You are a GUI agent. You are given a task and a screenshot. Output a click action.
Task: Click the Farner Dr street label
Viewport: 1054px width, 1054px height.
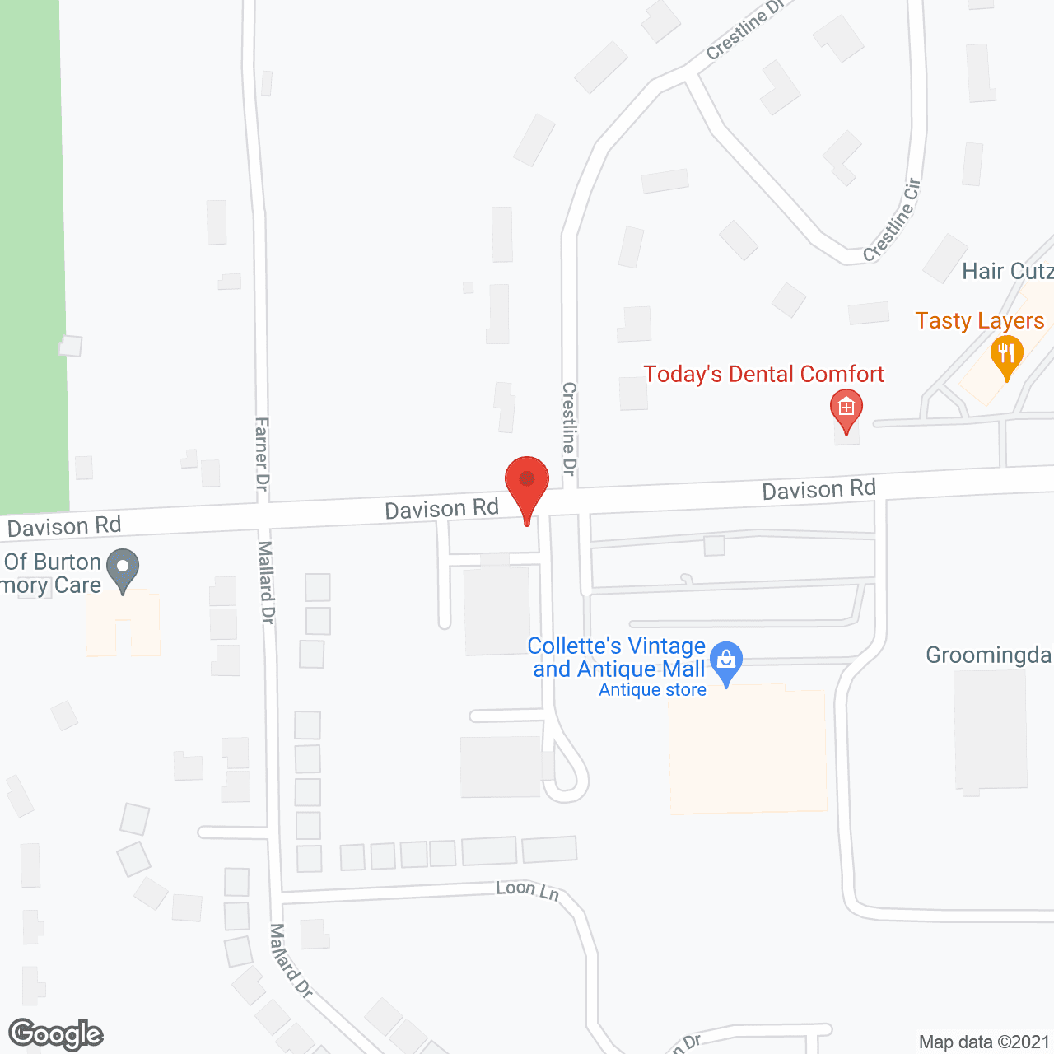[262, 454]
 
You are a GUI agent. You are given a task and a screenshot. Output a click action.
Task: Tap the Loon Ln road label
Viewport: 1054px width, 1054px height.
[527, 889]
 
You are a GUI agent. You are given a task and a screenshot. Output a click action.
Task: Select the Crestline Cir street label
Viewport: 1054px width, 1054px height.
[893, 221]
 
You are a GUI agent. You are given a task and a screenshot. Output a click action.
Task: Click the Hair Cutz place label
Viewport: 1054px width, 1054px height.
[1007, 271]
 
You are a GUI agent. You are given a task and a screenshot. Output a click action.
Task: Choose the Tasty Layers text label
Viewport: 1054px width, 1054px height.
[979, 320]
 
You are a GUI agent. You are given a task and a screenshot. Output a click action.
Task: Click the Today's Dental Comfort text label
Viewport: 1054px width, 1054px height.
[763, 375]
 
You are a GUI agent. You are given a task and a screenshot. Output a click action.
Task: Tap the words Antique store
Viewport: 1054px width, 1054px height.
[652, 690]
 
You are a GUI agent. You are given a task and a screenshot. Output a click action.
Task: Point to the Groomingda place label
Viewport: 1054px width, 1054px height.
[988, 655]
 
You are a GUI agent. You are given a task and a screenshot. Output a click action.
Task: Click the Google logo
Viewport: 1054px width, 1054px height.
[56, 1034]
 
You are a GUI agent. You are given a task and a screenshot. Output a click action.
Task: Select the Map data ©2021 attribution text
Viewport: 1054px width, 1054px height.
[984, 1042]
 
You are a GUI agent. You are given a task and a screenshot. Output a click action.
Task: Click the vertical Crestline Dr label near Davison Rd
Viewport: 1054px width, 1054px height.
[569, 428]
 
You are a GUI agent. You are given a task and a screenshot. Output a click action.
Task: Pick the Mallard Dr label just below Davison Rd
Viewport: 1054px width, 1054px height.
[267, 581]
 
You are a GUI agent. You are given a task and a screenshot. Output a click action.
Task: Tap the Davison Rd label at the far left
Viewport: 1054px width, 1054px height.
[64, 526]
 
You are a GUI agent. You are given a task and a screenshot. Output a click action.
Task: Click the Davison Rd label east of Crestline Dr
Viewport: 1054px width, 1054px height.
[818, 490]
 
